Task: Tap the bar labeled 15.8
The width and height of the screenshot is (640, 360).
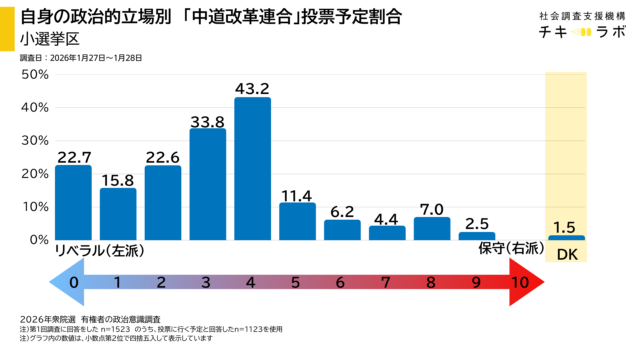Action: (x=118, y=214)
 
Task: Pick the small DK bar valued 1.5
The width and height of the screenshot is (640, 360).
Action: (x=566, y=237)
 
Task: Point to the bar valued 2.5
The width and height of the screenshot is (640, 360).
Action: (x=476, y=236)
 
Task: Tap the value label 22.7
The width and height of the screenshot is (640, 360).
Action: (x=73, y=156)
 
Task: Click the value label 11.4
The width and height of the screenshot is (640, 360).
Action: (x=297, y=193)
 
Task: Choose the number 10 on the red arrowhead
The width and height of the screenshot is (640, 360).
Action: (x=520, y=283)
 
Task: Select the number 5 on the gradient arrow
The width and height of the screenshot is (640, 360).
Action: (x=297, y=283)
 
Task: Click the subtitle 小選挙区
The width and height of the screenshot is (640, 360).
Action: (x=50, y=40)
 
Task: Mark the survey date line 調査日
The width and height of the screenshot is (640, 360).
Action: (x=84, y=59)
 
